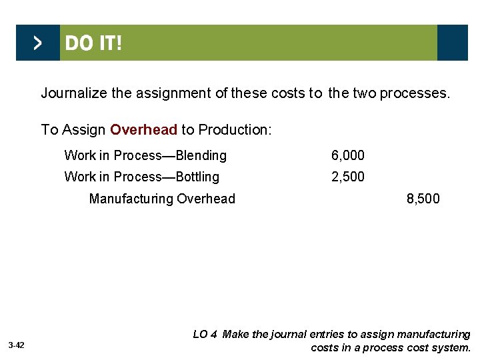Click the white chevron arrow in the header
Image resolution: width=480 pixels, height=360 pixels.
[x=37, y=43]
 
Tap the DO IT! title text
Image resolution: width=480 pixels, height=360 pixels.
[x=93, y=44]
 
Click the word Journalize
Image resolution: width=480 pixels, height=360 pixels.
[x=74, y=93]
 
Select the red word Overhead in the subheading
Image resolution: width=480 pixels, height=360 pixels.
[x=144, y=129]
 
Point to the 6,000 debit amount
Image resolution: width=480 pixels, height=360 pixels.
[x=348, y=156]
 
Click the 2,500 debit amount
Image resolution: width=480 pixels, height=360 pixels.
[x=348, y=177]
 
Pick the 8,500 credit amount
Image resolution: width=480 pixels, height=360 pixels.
[x=423, y=199]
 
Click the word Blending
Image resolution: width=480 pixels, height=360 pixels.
[x=201, y=156]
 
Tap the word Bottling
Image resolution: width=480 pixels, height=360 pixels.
[x=197, y=177]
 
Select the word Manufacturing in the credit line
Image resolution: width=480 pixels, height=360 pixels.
[x=131, y=199]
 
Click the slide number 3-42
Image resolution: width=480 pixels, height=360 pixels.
[x=17, y=345]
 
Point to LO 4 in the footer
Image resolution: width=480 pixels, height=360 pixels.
[x=205, y=335]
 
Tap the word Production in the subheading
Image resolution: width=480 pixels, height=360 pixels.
[x=233, y=129]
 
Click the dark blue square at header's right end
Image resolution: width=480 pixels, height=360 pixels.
[x=453, y=43]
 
